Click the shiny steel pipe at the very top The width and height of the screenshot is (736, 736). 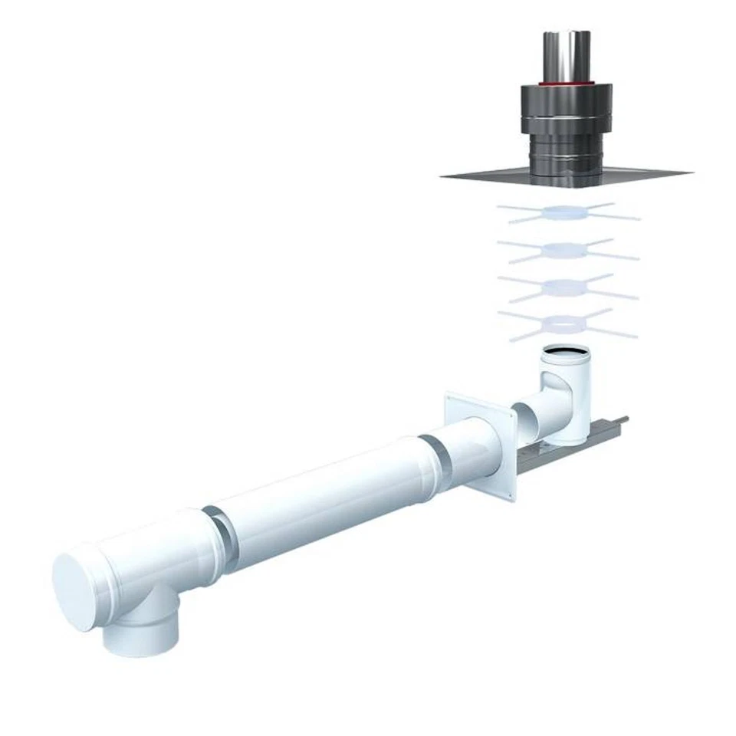[567, 54]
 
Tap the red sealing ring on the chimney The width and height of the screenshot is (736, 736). [567, 80]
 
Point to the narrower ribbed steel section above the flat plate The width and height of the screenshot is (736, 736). [567, 153]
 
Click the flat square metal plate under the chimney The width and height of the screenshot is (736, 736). [491, 175]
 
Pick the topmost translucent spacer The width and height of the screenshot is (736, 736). [567, 212]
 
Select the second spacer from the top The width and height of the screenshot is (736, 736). [567, 250]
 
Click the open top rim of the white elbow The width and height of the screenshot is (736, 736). [566, 355]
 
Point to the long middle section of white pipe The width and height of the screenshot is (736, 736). [322, 498]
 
